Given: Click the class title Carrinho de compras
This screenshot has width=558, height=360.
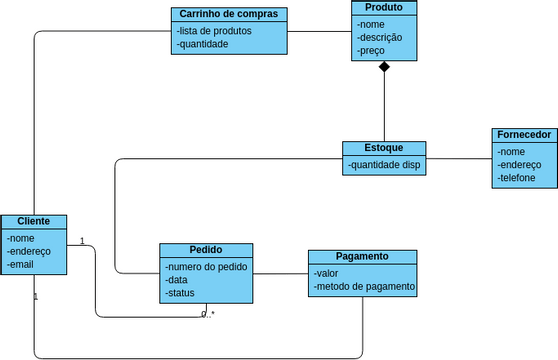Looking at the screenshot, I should [230, 14].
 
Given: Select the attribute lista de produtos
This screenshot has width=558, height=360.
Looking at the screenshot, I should [214, 30].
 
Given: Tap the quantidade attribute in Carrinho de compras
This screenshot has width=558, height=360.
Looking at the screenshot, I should [203, 43].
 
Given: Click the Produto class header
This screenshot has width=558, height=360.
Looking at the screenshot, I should [384, 8].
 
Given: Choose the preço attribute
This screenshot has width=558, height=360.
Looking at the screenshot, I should [371, 50].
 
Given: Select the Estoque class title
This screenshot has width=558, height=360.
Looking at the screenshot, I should [384, 148].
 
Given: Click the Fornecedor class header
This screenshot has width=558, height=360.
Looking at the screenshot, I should [522, 134].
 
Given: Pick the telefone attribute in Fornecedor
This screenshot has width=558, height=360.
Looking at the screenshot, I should [516, 178].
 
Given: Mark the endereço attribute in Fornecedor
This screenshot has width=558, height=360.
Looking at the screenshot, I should [519, 165].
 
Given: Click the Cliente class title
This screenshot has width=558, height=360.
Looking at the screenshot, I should [34, 221].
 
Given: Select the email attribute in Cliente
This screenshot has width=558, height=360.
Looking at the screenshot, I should [21, 265].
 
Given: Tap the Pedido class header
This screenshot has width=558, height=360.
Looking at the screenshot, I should [206, 250].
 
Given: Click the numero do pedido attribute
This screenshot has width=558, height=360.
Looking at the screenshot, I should [205, 266].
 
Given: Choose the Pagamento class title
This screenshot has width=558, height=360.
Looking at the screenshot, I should [362, 256].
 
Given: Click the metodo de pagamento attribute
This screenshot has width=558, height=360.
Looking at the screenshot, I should [364, 287].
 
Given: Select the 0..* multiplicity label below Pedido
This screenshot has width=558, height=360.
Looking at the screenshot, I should [208, 314].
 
